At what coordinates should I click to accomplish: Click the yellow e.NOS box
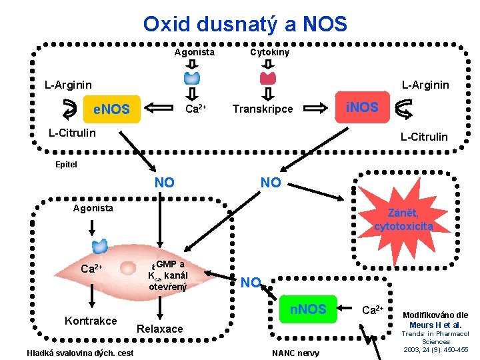click(x=111, y=109)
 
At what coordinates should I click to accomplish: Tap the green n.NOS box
click(x=307, y=309)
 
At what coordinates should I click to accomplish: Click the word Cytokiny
click(x=269, y=52)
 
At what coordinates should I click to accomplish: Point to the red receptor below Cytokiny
click(x=268, y=77)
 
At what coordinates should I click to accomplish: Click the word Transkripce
click(x=262, y=109)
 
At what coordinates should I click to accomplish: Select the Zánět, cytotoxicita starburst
click(x=403, y=221)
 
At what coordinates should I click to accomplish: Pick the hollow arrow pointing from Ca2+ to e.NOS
click(x=161, y=108)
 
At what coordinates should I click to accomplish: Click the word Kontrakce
click(x=91, y=320)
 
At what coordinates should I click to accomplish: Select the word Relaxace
click(x=159, y=329)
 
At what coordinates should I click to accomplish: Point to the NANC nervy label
click(x=296, y=353)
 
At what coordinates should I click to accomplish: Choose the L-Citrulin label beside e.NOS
click(x=72, y=133)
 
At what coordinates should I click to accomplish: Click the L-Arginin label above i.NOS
click(x=425, y=85)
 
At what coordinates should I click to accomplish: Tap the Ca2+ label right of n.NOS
click(x=372, y=310)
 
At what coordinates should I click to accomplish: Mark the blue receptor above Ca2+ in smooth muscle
click(x=100, y=246)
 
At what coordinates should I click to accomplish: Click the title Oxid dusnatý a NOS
click(x=245, y=25)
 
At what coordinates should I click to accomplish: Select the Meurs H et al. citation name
click(x=436, y=325)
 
